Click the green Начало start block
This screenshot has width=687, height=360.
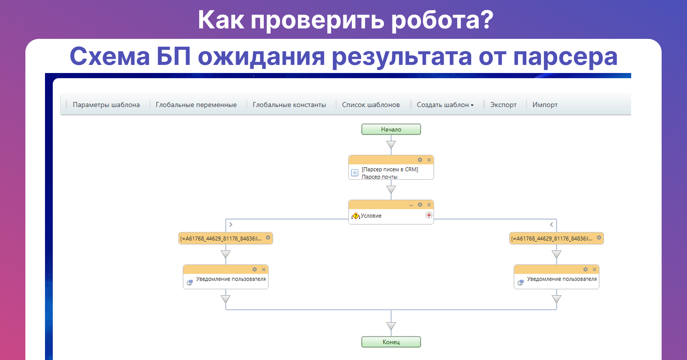(391, 129)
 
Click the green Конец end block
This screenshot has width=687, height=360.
(391, 342)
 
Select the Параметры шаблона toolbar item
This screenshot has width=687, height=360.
(106, 105)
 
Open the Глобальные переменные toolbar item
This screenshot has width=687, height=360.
(196, 105)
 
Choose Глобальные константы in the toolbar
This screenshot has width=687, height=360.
(289, 105)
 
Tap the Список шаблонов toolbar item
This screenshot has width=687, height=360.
(371, 105)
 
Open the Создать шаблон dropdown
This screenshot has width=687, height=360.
(445, 105)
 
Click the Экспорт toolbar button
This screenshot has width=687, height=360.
(503, 105)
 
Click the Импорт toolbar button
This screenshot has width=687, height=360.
(545, 105)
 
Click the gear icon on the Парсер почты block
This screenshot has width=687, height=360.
(420, 160)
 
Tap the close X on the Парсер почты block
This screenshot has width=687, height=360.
(429, 160)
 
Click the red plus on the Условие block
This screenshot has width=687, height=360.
(429, 215)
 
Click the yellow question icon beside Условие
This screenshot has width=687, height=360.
(356, 216)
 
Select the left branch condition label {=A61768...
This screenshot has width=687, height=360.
(221, 239)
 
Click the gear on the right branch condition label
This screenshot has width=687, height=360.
(599, 238)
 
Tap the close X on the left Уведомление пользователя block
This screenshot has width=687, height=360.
(264, 269)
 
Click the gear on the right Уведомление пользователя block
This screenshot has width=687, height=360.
(586, 269)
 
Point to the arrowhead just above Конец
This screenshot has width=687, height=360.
(391, 326)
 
